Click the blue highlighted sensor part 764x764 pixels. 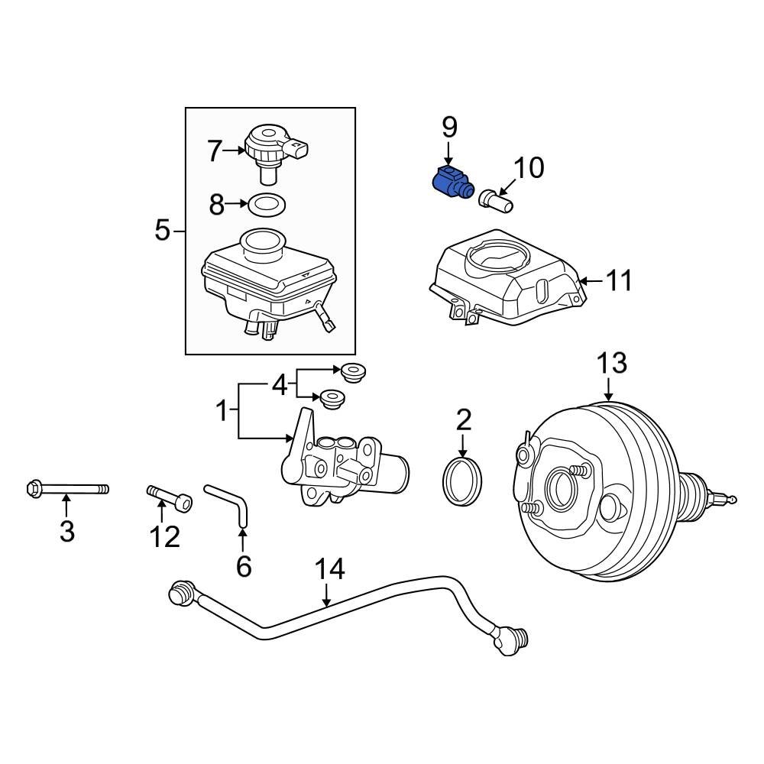(448, 183)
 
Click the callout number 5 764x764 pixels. (161, 230)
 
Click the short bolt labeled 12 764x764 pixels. (168, 496)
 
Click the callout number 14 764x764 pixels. (330, 569)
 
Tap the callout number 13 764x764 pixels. (611, 363)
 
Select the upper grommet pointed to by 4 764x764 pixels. (354, 372)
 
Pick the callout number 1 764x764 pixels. (221, 412)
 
